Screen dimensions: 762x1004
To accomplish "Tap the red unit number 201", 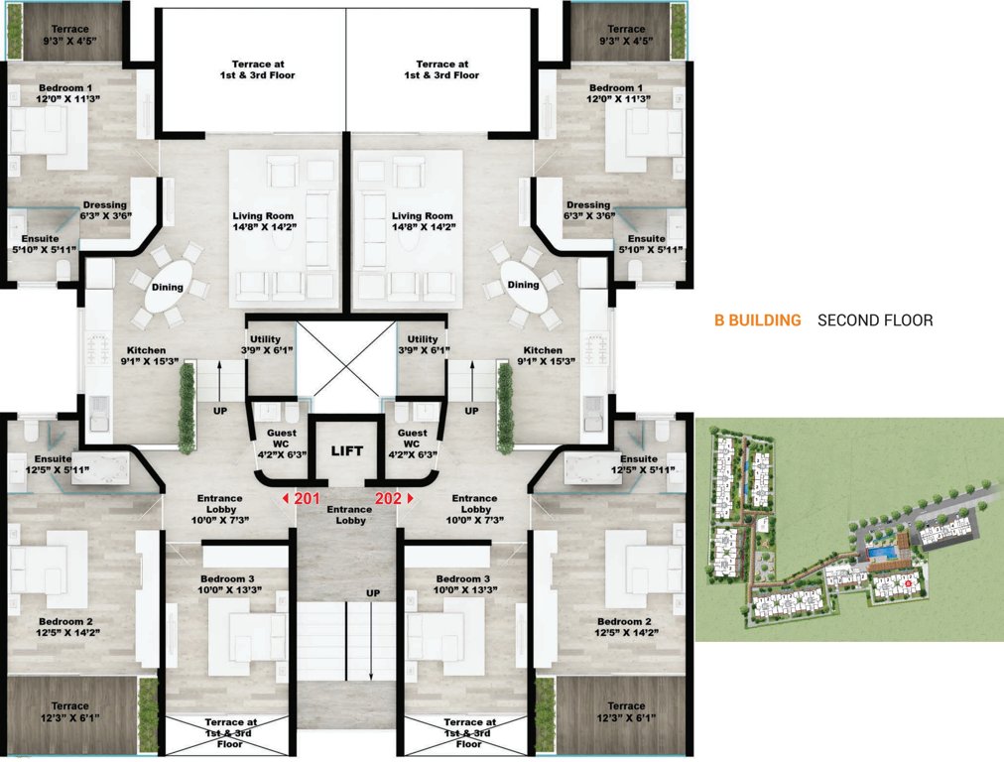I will click(308, 499).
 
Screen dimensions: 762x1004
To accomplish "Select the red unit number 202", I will click(388, 499).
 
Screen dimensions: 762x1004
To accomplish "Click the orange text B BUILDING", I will click(757, 320).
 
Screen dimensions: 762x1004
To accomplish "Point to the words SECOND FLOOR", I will click(875, 320).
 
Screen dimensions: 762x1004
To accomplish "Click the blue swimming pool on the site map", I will click(878, 552).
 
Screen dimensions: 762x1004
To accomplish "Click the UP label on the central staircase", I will click(373, 592).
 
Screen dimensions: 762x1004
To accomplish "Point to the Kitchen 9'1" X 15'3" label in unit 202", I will click(543, 356).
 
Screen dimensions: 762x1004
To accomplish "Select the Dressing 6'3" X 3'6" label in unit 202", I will click(588, 210).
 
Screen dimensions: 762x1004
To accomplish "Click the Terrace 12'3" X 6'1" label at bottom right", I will click(626, 711).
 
